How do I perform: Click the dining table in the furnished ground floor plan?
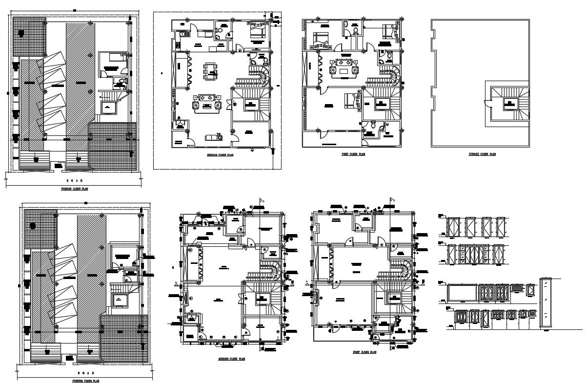[x=210, y=69]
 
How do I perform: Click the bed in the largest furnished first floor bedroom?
[x=350, y=100]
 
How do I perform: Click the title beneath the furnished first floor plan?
[x=353, y=154]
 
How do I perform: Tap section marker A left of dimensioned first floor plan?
[x=306, y=282]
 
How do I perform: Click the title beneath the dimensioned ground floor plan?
[x=231, y=358]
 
